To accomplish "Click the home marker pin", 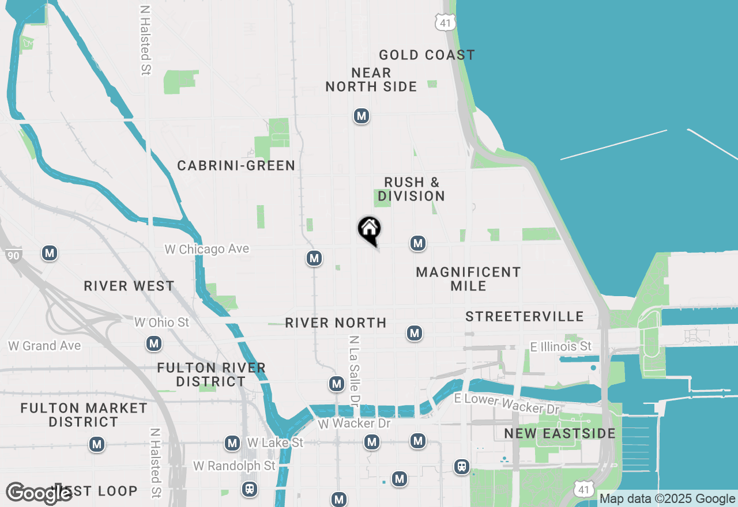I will pos(370,229).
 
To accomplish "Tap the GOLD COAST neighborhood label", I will pos(427,55).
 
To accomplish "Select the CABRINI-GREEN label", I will pos(236,166).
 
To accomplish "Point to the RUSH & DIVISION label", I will pos(411,190).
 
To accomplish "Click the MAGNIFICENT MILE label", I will pos(468,279).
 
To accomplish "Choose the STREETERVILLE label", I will pos(525,317).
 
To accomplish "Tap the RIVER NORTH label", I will pos(336,323).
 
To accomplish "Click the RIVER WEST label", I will pos(129,286).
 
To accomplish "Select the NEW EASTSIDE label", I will pos(560,434).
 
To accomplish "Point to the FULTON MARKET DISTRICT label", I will pos(84,415).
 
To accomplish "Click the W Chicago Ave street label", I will pos(207,249).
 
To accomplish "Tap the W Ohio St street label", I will pos(161,323).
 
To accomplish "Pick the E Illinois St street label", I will pos(560,347).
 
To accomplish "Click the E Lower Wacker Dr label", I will pos(507,404).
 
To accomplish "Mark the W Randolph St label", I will pos(234,466).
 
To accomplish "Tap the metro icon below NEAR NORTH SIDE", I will pos(362,116).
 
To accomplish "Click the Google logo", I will pos(39,494).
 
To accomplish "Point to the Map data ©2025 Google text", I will pos(667,499).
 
